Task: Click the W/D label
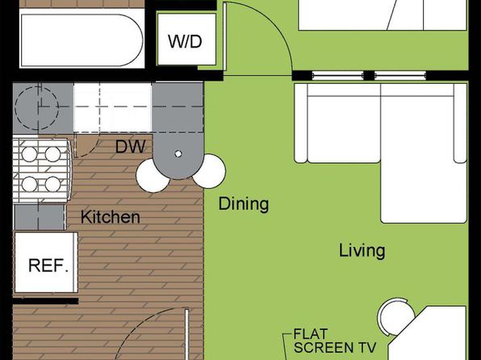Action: tap(185, 41)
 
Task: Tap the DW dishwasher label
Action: tap(131, 147)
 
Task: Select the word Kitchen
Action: tap(111, 217)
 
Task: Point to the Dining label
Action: tap(244, 203)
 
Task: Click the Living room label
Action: tap(362, 250)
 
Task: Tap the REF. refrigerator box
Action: tap(46, 262)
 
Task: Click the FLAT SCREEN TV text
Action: tap(335, 341)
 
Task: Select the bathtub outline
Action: tap(82, 40)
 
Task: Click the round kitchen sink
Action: tap(36, 107)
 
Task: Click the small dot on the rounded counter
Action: tap(178, 153)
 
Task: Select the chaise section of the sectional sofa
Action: tap(424, 153)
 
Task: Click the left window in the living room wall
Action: tap(337, 75)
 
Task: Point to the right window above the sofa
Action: tap(400, 75)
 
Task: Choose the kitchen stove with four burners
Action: tap(41, 170)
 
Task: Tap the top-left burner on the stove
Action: tap(29, 154)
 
